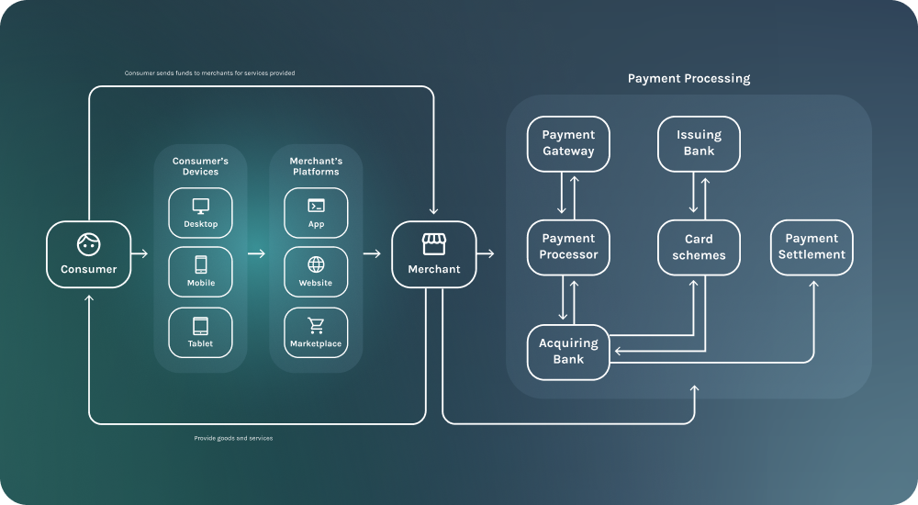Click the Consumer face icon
tap(89, 244)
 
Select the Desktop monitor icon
tap(200, 206)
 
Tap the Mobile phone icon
tap(200, 264)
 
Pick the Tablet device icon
tap(200, 325)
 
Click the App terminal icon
tap(316, 206)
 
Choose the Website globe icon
tap(316, 264)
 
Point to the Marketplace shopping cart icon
tap(316, 325)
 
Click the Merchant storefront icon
tap(433, 243)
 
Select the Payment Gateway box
tap(568, 143)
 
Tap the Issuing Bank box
tap(700, 143)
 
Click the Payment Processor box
tap(568, 247)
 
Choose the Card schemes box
tap(700, 247)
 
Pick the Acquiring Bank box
tap(568, 352)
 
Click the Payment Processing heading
tap(688, 79)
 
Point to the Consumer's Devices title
tap(200, 166)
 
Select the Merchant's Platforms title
tap(316, 166)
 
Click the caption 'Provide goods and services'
tap(233, 438)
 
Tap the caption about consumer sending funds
tap(209, 73)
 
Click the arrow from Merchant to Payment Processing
tap(486, 253)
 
